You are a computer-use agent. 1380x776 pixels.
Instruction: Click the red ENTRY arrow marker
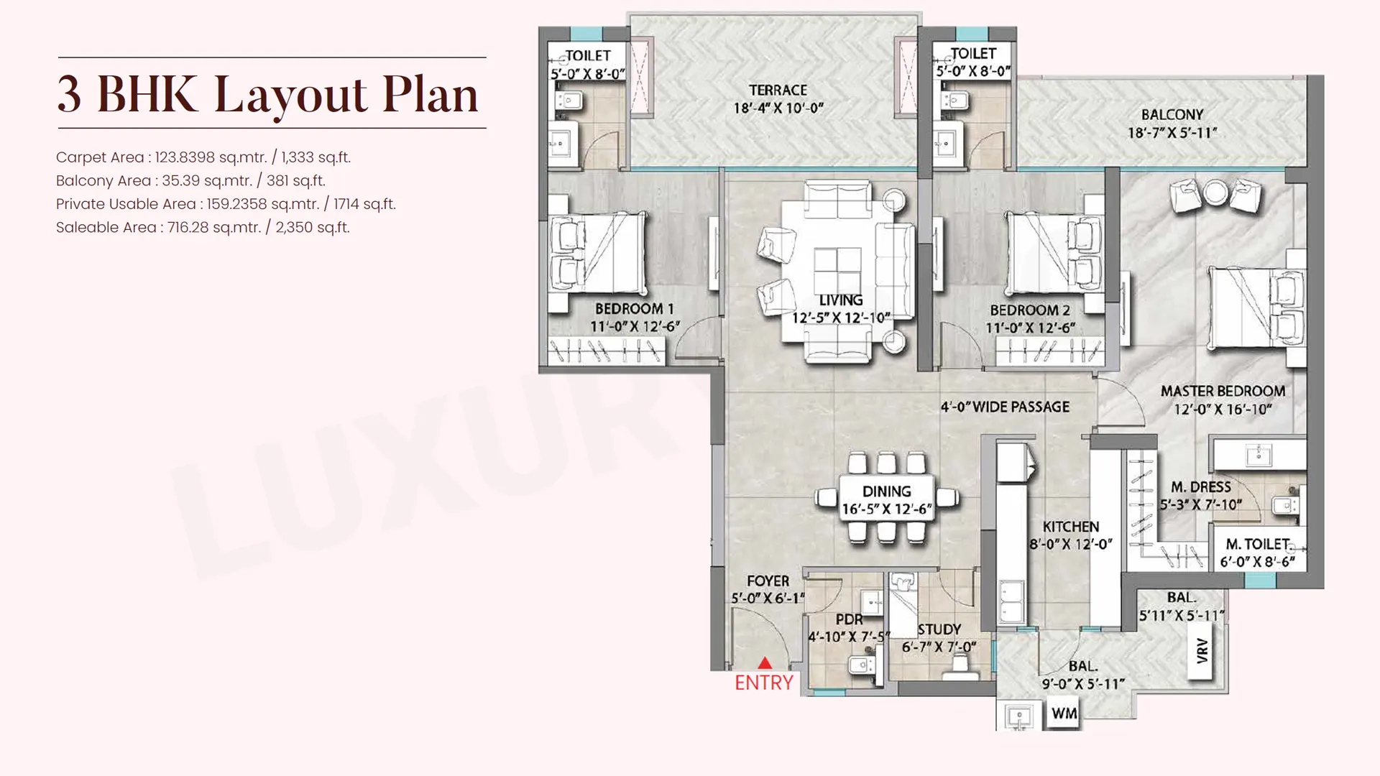click(x=765, y=663)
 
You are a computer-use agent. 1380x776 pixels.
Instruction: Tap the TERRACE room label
click(x=778, y=91)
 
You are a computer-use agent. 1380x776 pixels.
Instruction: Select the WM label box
click(x=1064, y=713)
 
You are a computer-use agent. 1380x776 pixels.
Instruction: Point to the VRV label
click(x=1202, y=650)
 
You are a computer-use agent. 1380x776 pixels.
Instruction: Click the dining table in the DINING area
click(x=887, y=498)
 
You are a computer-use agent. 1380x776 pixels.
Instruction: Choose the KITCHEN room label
click(x=1071, y=527)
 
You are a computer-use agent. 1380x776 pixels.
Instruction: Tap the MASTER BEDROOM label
click(x=1223, y=392)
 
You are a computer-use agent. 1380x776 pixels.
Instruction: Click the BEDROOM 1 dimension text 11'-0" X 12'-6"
click(x=635, y=327)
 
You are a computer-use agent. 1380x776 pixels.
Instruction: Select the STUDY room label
click(x=939, y=629)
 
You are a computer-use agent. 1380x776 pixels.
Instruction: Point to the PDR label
click(x=849, y=620)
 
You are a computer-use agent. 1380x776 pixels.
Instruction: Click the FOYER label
click(x=768, y=581)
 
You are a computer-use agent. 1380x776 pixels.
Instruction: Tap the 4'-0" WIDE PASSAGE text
click(x=1005, y=407)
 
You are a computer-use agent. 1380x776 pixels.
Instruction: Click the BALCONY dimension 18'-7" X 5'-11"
click(x=1172, y=133)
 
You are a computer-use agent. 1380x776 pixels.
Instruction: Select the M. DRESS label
click(x=1201, y=487)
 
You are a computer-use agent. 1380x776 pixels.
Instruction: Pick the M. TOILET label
click(x=1258, y=545)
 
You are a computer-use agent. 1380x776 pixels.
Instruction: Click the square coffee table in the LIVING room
click(x=838, y=269)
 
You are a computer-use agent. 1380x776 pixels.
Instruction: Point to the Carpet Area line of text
click(x=203, y=157)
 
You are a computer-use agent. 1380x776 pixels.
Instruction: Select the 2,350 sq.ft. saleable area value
click(x=313, y=228)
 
